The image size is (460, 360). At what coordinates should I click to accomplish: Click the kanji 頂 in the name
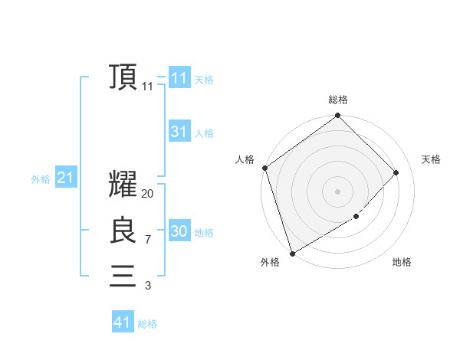(123, 77)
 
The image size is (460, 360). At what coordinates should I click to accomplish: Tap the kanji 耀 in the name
(123, 185)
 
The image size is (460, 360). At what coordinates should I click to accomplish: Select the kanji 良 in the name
(123, 231)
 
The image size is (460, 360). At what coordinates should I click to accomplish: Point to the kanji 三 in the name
(123, 276)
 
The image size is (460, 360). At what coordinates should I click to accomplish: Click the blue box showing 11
(179, 78)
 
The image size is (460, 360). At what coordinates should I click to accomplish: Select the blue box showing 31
(179, 132)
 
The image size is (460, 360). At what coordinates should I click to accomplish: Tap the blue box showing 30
(179, 231)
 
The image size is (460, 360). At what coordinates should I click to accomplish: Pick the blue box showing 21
(65, 178)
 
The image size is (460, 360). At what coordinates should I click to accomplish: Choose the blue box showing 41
(123, 322)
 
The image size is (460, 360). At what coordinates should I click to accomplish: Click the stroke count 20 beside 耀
(147, 194)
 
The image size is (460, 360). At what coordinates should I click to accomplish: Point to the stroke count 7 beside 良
(147, 240)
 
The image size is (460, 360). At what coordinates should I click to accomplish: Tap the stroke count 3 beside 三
(147, 286)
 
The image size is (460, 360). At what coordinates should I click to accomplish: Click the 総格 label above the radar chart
(337, 100)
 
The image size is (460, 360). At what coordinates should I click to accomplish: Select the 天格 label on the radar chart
(431, 159)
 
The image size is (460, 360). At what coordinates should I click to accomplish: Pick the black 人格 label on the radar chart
(245, 159)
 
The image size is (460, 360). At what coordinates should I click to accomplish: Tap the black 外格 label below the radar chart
(269, 262)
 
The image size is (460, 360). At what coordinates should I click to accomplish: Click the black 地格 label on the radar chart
(402, 262)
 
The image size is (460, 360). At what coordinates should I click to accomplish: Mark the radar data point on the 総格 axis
(337, 116)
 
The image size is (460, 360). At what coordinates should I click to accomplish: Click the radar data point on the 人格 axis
(264, 168)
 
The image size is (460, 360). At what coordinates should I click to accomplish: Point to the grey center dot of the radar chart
(337, 191)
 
